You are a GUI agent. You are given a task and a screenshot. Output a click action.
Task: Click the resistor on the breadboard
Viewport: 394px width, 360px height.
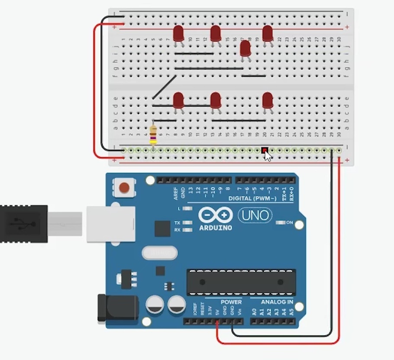[153, 135]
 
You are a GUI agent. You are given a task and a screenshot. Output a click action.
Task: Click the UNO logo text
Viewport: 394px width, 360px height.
[255, 215]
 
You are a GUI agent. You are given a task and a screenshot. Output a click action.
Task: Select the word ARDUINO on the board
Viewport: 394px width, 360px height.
[216, 228]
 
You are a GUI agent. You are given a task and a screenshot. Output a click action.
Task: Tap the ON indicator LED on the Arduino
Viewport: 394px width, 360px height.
[281, 223]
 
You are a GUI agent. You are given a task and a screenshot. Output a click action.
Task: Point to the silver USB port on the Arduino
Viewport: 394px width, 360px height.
[111, 224]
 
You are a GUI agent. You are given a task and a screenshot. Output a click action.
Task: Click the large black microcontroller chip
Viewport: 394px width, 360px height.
[241, 282]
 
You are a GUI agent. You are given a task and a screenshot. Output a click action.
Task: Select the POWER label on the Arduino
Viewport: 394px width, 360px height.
[231, 302]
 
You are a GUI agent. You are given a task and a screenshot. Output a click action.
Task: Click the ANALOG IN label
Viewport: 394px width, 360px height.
[277, 302]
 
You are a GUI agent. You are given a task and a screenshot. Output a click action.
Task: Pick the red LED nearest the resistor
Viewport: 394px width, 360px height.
[178, 101]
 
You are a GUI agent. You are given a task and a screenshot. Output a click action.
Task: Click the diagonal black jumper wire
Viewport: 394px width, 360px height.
[164, 87]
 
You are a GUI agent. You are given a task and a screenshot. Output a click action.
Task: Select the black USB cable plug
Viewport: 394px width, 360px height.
[23, 224]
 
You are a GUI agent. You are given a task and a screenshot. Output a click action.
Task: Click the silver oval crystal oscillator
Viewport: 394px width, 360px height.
[159, 253]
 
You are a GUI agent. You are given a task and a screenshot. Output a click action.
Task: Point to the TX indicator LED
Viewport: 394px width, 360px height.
[187, 223]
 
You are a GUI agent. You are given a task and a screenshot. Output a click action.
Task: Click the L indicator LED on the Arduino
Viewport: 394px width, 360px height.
[187, 208]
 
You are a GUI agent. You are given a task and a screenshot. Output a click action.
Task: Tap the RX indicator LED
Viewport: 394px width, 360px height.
[187, 230]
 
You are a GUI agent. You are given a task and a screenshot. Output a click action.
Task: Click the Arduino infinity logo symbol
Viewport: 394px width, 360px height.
[216, 215]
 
